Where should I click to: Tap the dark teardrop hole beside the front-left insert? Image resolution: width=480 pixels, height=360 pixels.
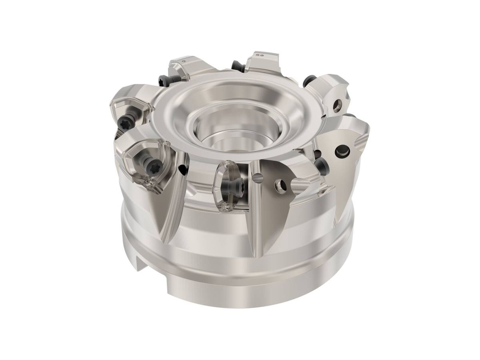[x=182, y=169]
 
